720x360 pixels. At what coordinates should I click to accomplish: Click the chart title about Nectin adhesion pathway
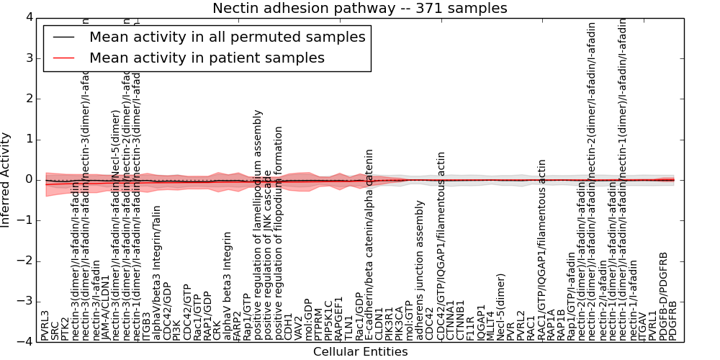click(359, 9)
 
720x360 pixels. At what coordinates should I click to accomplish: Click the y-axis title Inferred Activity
click(6, 179)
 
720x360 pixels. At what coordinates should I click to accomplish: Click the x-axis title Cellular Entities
click(360, 352)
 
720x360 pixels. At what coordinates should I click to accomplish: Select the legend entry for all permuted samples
click(227, 37)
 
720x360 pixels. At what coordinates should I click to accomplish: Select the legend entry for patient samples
click(207, 58)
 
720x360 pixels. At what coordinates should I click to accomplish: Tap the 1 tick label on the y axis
click(28, 139)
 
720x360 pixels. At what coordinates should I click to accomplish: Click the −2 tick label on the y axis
click(25, 261)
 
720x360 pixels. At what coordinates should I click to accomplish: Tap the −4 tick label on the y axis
click(25, 342)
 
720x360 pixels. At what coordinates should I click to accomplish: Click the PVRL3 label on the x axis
click(45, 325)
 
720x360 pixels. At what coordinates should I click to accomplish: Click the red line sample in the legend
click(63, 58)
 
